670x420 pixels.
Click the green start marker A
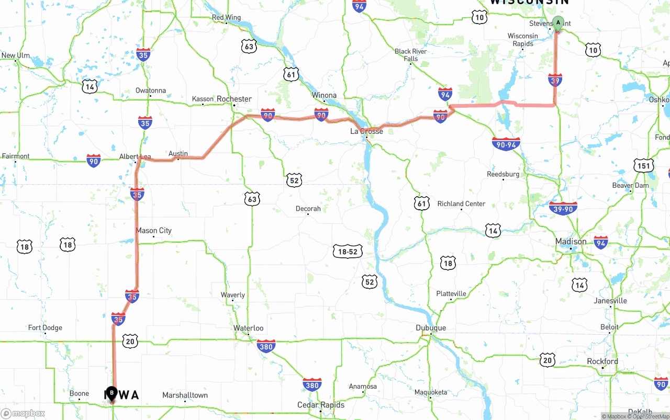click(x=559, y=23)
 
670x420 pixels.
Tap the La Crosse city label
click(x=366, y=131)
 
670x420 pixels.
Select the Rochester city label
click(x=234, y=99)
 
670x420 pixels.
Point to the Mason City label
click(x=153, y=230)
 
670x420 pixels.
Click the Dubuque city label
click(x=431, y=328)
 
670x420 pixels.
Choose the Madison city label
click(x=571, y=241)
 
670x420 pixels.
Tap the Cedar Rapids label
click(x=321, y=405)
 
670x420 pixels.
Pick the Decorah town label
click(x=308, y=209)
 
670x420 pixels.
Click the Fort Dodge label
click(x=45, y=328)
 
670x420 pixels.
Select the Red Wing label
click(x=226, y=17)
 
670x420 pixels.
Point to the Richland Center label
click(x=461, y=203)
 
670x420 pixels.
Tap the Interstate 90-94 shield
click(x=506, y=144)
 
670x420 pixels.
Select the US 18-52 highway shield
click(x=348, y=252)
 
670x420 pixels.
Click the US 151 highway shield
click(x=643, y=166)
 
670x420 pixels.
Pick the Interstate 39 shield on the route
click(x=555, y=80)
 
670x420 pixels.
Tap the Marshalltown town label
click(x=185, y=395)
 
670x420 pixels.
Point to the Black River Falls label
click(x=410, y=55)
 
